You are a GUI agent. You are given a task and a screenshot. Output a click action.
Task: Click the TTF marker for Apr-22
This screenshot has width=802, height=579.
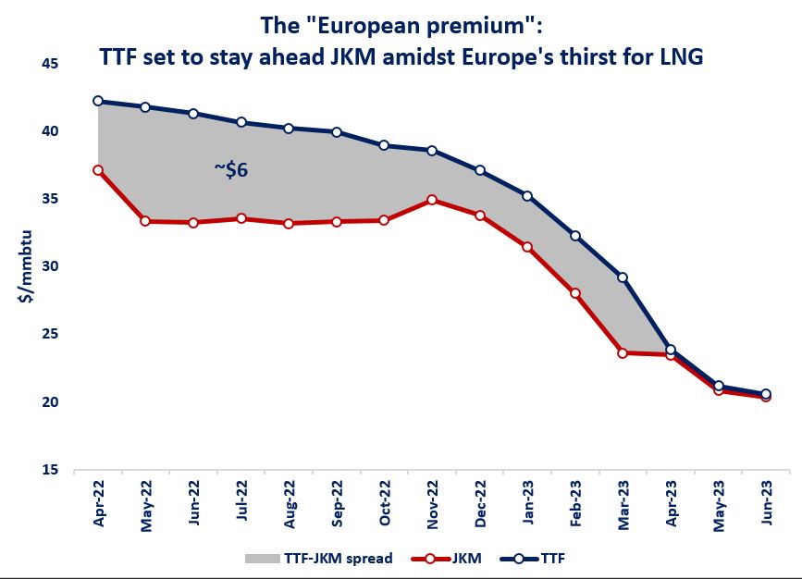(x=98, y=102)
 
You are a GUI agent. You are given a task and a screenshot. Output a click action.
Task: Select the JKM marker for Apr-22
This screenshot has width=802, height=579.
(x=98, y=170)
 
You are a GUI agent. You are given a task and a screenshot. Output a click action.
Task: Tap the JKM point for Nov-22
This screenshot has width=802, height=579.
(x=432, y=200)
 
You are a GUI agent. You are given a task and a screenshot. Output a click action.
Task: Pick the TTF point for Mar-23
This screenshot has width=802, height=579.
(x=623, y=277)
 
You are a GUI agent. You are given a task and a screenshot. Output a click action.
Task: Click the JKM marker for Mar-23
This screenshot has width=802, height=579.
(x=623, y=353)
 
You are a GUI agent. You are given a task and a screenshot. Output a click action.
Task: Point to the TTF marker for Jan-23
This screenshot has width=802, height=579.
(x=527, y=196)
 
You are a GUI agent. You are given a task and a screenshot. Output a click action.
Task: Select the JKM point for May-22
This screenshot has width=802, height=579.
(x=146, y=222)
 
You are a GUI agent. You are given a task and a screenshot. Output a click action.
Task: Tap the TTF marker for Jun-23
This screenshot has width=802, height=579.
(x=765, y=395)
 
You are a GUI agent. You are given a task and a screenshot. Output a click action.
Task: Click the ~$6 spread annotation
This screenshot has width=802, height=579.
(x=230, y=170)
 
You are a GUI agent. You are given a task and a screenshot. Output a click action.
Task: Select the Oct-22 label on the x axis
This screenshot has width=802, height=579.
(x=385, y=504)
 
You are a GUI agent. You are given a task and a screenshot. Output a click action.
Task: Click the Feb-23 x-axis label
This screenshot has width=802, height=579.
(x=575, y=504)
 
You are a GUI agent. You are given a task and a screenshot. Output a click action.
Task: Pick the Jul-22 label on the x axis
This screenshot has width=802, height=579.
(x=241, y=504)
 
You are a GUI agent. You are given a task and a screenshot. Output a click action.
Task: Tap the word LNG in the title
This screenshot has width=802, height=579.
(x=681, y=56)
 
